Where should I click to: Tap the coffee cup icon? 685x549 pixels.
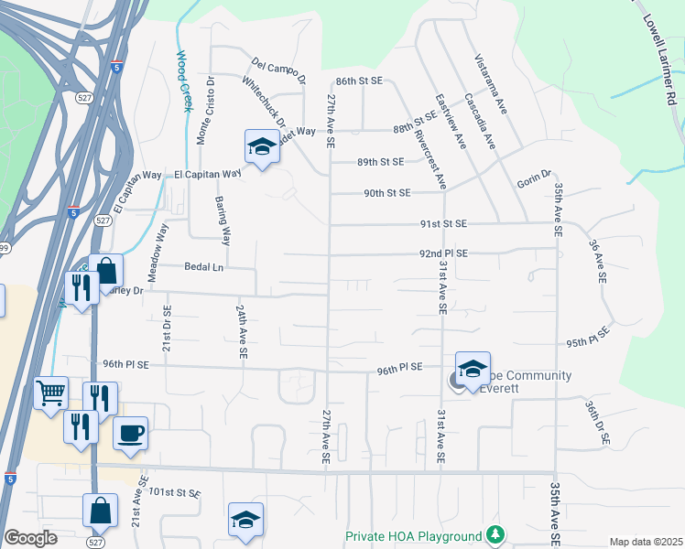click(130, 431)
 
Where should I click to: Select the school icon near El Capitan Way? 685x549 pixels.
click(262, 146)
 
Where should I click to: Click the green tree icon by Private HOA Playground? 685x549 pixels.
click(495, 534)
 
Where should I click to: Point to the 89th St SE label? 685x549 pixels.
click(380, 162)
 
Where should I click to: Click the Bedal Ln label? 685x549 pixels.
click(204, 267)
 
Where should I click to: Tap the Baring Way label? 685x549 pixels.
click(222, 220)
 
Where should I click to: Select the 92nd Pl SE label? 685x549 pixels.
click(443, 253)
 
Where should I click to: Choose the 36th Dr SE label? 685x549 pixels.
click(597, 423)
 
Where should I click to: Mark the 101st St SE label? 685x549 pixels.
click(175, 492)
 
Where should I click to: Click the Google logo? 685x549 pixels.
click(30, 538)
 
